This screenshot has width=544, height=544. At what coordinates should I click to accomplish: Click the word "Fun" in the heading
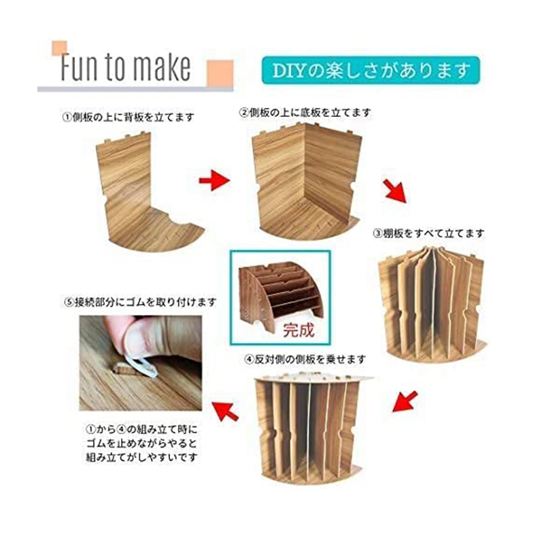(x=79, y=67)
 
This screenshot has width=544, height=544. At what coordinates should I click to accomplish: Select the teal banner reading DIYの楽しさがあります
(x=371, y=71)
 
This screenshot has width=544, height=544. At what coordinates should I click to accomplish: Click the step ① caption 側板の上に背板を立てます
(x=128, y=118)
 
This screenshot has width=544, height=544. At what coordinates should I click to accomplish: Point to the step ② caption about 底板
(x=305, y=113)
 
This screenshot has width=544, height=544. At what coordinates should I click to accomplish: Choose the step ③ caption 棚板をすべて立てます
(x=428, y=233)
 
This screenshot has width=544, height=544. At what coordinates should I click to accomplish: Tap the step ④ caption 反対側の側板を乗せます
(x=305, y=359)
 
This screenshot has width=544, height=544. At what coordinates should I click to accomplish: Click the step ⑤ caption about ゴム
(x=140, y=302)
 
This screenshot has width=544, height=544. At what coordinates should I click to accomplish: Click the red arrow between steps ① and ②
(x=214, y=180)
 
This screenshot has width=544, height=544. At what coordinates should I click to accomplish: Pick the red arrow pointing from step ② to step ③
(x=396, y=191)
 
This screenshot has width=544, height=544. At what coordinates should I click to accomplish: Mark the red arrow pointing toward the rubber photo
(x=226, y=411)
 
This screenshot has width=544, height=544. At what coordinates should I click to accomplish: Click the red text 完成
(x=299, y=330)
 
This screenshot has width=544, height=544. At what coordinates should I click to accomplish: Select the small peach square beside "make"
(x=220, y=73)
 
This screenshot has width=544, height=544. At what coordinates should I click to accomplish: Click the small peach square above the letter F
(x=59, y=48)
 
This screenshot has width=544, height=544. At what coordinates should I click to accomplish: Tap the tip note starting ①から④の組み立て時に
(x=141, y=443)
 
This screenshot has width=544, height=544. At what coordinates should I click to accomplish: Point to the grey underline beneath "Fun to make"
(x=135, y=89)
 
